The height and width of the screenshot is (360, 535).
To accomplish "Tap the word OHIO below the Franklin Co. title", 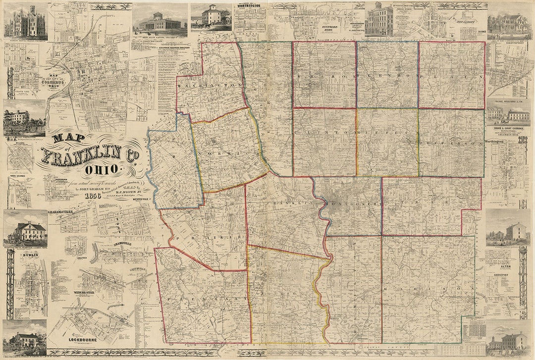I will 102,169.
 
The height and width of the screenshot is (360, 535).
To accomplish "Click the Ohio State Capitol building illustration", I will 160,22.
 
